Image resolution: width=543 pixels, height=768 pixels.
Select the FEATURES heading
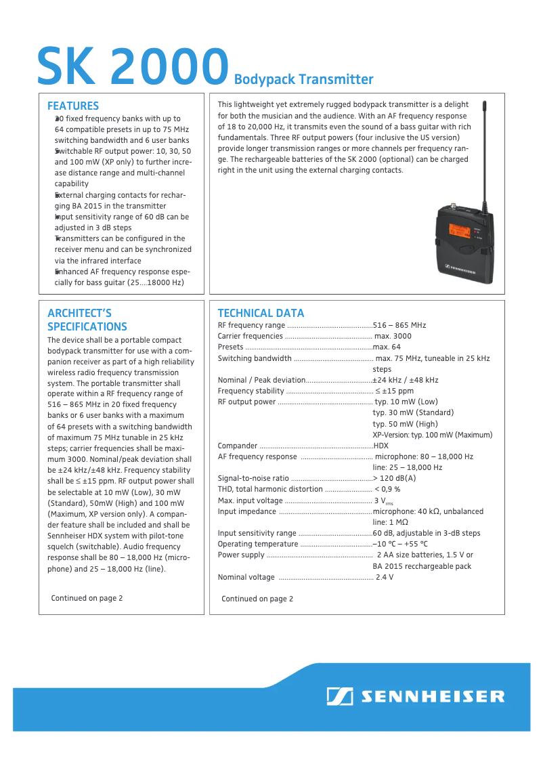(x=73, y=106)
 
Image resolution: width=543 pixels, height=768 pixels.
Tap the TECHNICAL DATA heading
(x=261, y=313)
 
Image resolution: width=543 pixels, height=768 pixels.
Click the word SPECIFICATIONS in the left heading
(x=87, y=326)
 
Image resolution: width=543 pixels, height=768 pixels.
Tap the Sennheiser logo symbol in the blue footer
(x=339, y=696)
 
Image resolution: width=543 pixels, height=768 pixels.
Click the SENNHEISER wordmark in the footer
(x=432, y=696)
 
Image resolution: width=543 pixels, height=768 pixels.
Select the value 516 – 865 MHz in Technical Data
(x=399, y=325)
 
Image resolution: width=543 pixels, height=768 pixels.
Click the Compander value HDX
(x=381, y=446)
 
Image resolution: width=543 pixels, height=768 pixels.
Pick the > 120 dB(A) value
(x=394, y=478)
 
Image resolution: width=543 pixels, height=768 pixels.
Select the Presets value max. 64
(x=387, y=347)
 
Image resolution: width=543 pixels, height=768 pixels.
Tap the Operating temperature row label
(x=258, y=544)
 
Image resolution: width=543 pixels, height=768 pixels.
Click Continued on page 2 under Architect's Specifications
(x=87, y=598)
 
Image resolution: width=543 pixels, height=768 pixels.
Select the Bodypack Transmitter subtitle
(x=303, y=79)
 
